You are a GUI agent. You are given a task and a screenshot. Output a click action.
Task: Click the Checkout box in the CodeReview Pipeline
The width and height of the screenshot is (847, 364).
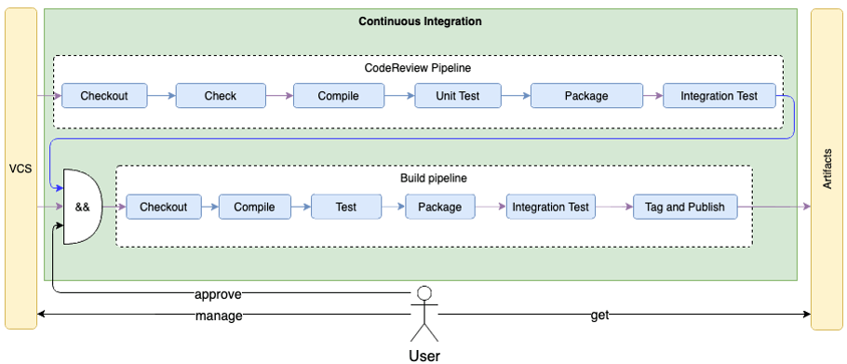tap(103, 96)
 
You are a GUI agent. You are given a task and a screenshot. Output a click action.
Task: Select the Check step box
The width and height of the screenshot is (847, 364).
tap(221, 96)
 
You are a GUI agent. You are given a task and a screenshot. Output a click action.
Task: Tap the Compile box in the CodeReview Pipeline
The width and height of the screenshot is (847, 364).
tap(339, 96)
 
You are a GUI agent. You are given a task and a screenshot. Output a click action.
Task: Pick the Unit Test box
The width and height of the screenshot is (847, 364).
tap(457, 96)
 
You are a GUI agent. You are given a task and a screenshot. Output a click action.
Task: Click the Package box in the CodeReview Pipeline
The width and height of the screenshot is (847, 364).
tap(585, 96)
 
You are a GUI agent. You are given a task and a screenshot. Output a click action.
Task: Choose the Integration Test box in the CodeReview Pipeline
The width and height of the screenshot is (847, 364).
tap(719, 96)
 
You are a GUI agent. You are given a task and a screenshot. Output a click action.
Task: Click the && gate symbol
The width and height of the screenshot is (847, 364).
tap(82, 207)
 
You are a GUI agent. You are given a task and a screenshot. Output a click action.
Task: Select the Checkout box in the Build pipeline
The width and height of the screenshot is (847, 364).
tap(163, 207)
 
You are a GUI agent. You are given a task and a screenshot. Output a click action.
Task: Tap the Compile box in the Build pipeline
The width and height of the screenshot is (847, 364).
tap(254, 207)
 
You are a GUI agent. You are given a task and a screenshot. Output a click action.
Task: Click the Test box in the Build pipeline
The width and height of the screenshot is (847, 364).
tap(346, 207)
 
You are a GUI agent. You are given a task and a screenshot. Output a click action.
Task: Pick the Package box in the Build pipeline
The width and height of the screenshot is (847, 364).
tap(440, 207)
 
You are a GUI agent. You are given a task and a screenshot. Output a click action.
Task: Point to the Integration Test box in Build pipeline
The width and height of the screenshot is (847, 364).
tap(551, 207)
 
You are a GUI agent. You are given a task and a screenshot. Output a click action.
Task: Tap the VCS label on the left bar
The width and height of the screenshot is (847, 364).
tap(20, 169)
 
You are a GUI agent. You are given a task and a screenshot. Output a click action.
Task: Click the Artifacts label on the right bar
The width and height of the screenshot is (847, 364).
tap(827, 169)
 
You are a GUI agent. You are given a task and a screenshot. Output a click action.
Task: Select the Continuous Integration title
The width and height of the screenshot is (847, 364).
tap(420, 21)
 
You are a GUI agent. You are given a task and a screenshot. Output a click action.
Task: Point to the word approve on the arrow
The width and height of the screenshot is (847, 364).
tap(218, 294)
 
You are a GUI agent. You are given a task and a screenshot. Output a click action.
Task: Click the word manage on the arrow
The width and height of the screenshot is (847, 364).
tap(219, 316)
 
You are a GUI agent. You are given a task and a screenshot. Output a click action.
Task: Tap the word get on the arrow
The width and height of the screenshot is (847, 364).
tap(600, 316)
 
